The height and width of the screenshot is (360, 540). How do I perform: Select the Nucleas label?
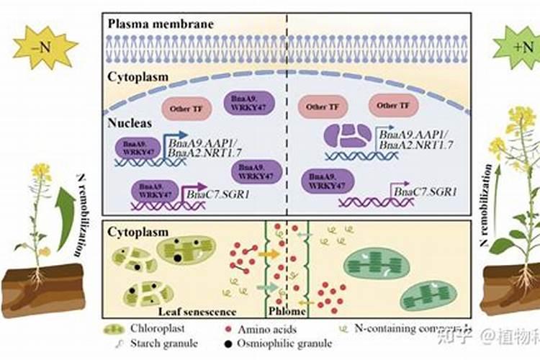[x=129, y=123]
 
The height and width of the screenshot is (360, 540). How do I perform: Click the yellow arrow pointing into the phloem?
[x=270, y=253]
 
